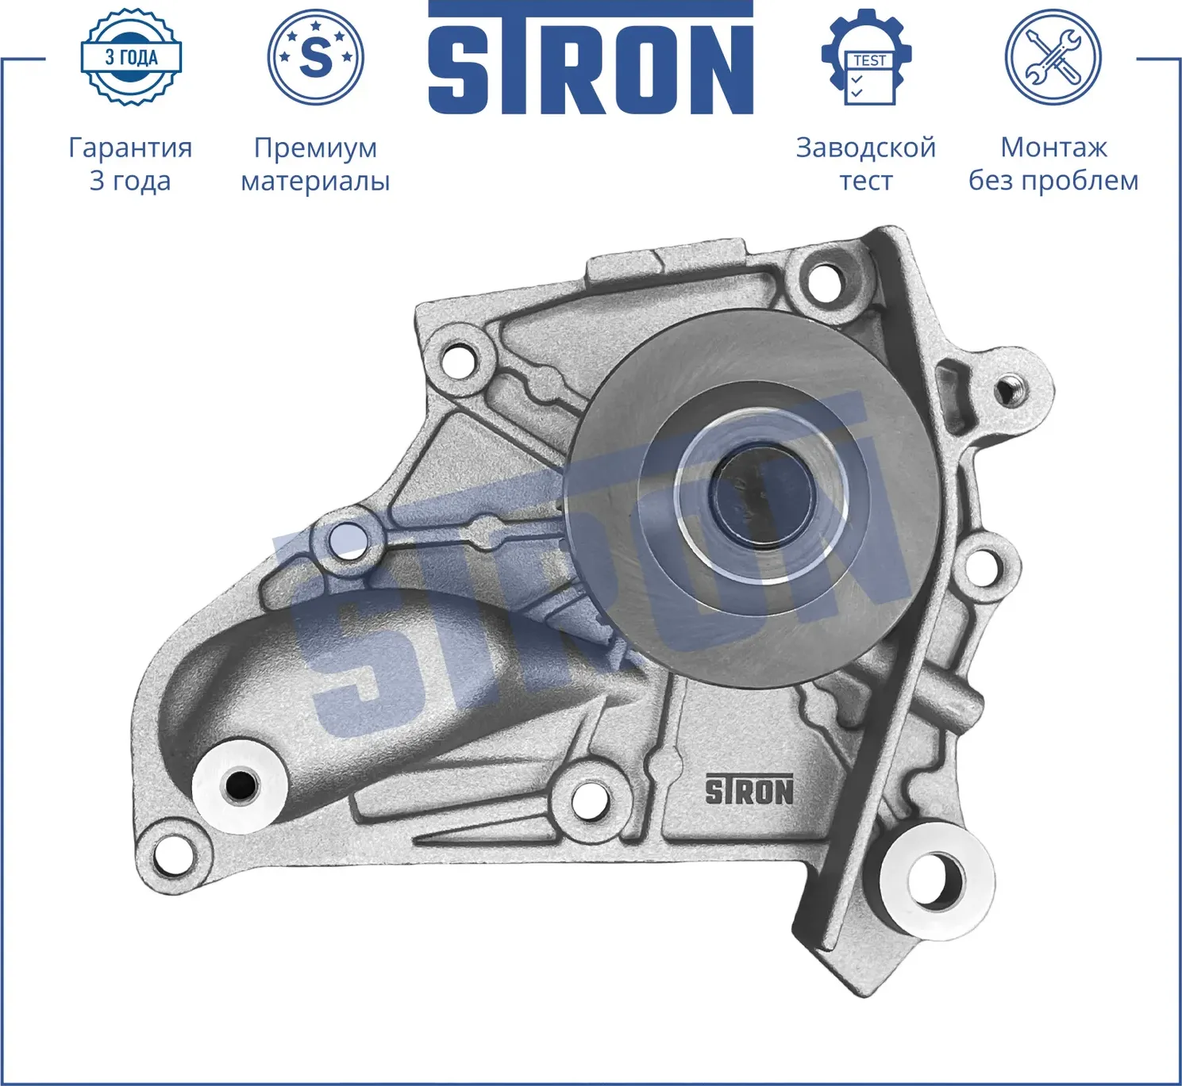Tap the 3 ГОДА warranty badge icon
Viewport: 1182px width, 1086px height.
131,57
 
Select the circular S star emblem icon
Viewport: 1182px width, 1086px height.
315,57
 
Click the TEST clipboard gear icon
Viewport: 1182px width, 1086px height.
867,60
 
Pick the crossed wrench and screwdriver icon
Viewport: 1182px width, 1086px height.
1053,57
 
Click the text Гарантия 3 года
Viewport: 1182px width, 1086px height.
130,164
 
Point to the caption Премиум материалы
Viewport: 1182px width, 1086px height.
315,164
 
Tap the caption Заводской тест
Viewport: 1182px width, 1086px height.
865,164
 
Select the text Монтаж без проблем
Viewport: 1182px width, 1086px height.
1053,164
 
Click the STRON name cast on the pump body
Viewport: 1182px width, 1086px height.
749,791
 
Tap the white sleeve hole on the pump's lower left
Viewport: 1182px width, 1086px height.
241,785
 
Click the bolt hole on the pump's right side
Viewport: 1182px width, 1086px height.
984,566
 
